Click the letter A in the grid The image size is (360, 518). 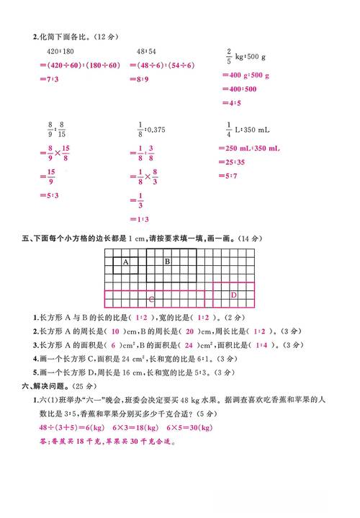click(125, 262)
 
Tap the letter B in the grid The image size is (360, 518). click(167, 262)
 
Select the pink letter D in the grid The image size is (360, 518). click(233, 295)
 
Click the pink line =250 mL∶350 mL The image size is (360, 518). click(249, 148)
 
